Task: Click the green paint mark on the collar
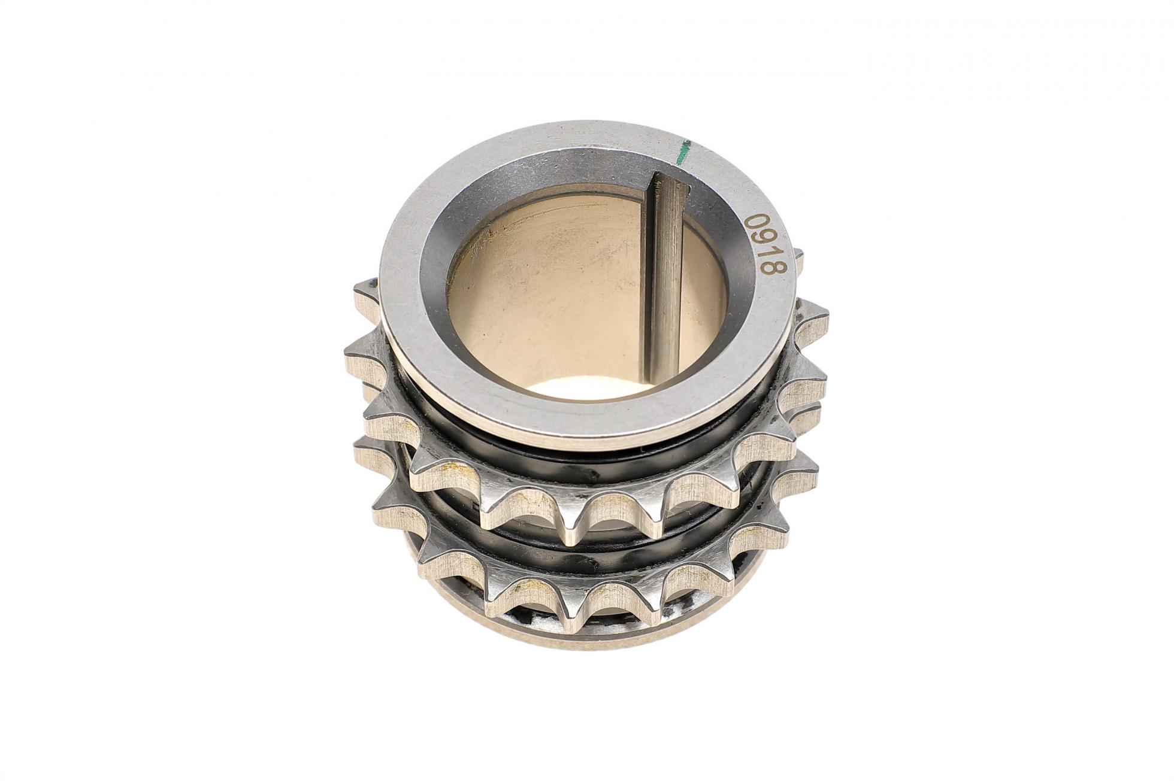(x=682, y=151)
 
